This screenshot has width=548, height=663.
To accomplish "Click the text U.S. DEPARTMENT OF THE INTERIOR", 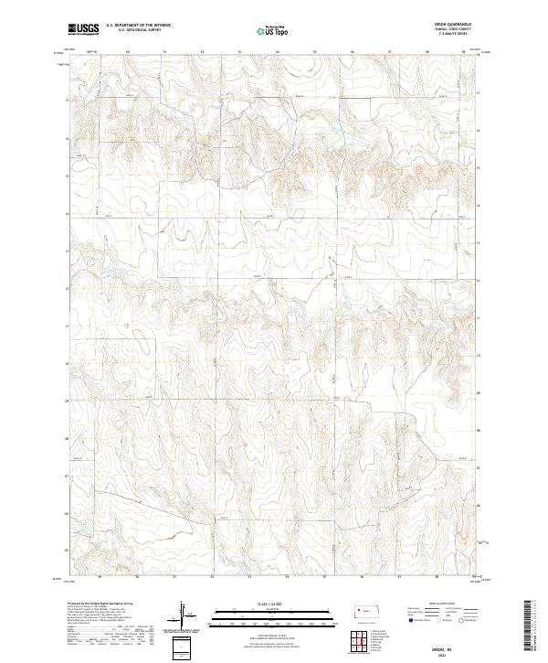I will (136, 26).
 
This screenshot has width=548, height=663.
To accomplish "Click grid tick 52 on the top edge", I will (202, 52).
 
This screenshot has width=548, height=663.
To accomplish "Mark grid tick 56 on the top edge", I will (353, 52).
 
